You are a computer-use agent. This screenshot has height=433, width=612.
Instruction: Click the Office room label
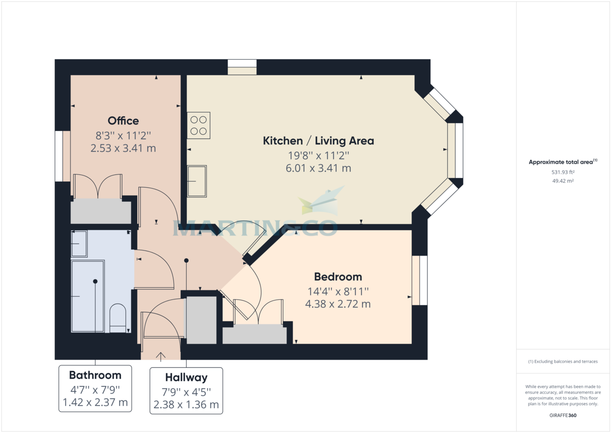[123, 121]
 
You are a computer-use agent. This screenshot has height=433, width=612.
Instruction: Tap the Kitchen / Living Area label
[318, 141]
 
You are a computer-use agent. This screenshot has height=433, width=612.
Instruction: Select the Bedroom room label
[338, 277]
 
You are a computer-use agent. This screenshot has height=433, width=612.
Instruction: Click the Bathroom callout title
[95, 375]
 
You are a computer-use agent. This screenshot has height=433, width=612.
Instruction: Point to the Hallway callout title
[186, 378]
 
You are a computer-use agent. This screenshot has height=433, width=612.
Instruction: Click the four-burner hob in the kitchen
[199, 125]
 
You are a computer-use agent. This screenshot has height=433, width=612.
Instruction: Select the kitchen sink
[197, 181]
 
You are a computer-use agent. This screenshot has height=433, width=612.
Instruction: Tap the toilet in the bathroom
[118, 318]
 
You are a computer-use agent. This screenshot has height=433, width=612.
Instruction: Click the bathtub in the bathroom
[88, 296]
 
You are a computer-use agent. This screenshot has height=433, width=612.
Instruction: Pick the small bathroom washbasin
[79, 244]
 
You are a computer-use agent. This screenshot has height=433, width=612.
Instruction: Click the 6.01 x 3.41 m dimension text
[318, 168]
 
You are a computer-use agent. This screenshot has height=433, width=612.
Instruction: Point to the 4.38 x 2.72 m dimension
[338, 304]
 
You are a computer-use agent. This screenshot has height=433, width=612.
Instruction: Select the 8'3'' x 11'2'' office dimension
[123, 136]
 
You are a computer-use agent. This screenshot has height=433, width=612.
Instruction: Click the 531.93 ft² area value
[563, 172]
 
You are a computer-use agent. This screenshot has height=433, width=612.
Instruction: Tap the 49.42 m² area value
[563, 181]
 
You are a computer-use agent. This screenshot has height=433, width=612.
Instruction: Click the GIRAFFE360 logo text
[563, 416]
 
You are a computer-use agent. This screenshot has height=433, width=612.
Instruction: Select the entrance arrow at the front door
[161, 356]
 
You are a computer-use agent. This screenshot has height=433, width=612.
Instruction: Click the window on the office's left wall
[63, 156]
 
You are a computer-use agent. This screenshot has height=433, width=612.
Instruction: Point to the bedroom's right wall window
[420, 281]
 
